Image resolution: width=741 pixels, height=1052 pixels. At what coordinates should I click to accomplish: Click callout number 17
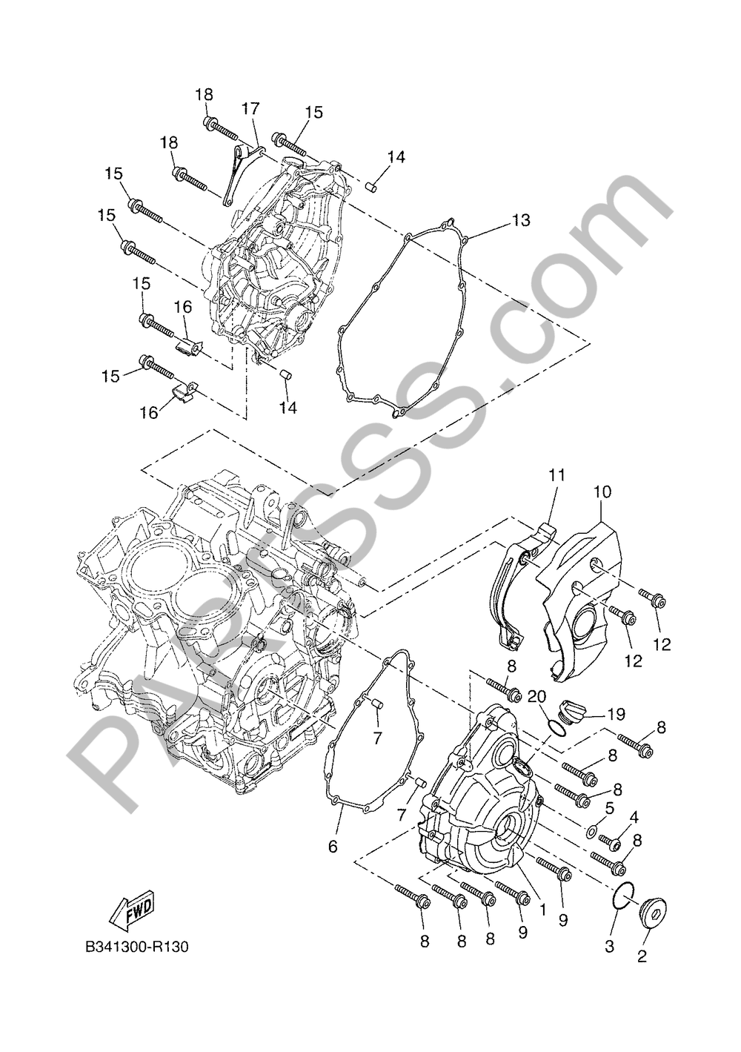click(250, 110)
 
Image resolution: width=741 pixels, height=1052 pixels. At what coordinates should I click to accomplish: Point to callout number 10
click(602, 492)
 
